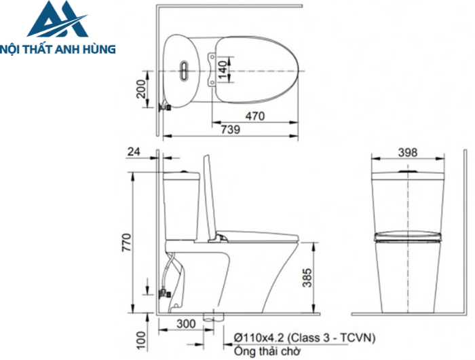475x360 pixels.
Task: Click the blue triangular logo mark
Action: [58, 22]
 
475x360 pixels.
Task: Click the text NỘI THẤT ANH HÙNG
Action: [58, 49]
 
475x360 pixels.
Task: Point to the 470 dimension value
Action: [254, 116]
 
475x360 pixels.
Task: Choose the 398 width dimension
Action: [407, 153]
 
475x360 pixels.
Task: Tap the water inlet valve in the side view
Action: [163, 293]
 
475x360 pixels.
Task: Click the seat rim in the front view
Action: [407, 237]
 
